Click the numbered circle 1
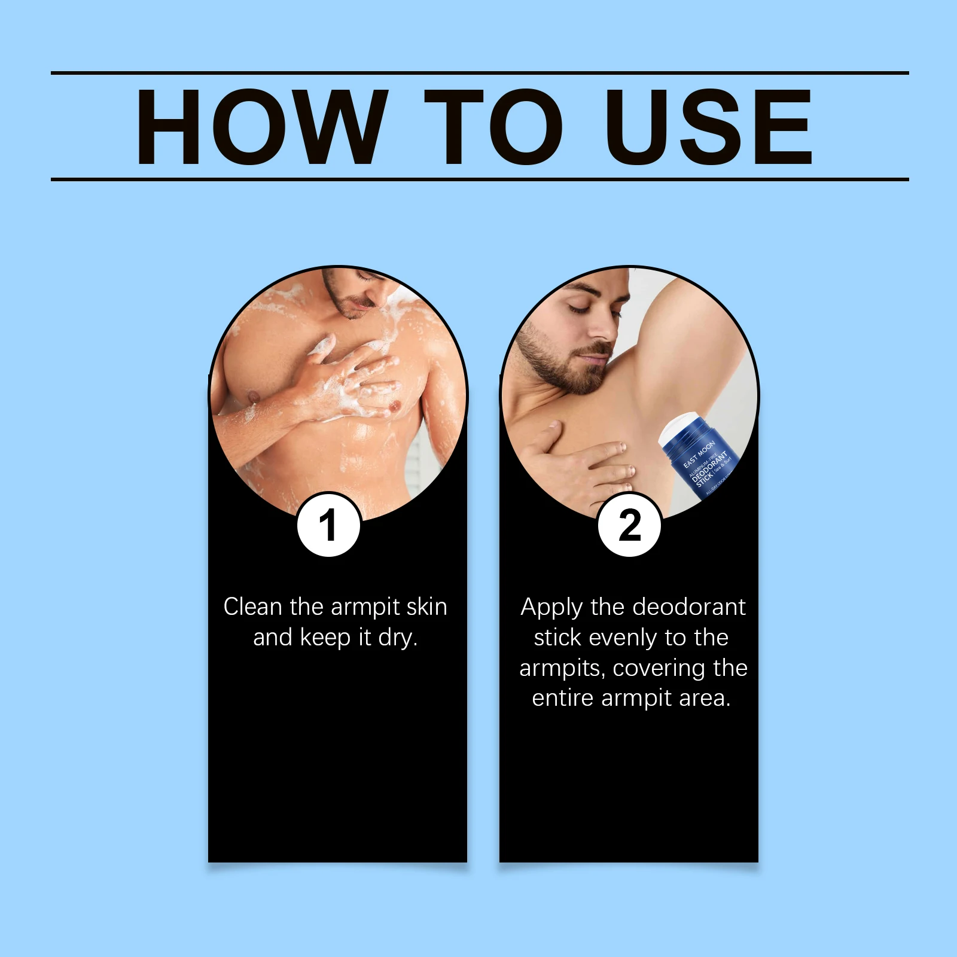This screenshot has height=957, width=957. click(x=328, y=525)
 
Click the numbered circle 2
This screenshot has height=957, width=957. click(x=630, y=525)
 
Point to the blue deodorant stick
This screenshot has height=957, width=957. click(x=706, y=464)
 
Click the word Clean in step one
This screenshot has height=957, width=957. click(x=252, y=607)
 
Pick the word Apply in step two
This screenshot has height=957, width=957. click(x=551, y=608)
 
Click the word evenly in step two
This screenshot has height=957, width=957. click(x=624, y=638)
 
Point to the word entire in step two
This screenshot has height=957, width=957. click(x=562, y=699)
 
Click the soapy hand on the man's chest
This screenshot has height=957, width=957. click(x=353, y=377)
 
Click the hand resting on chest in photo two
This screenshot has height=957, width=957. click(x=574, y=461)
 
